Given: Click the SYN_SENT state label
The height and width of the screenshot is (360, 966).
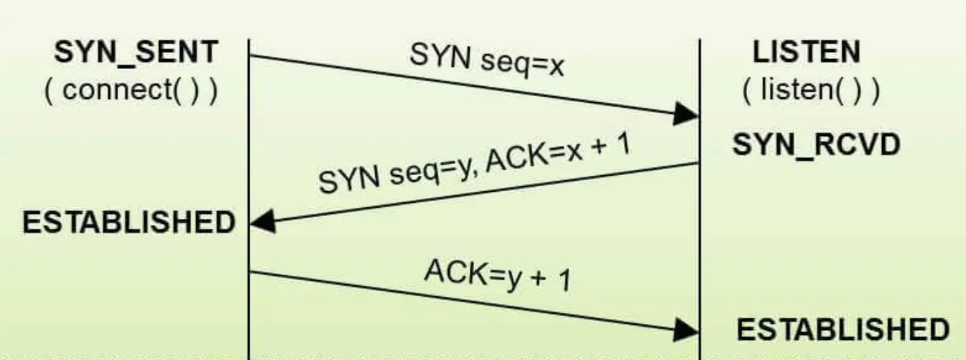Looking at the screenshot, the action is [136, 53].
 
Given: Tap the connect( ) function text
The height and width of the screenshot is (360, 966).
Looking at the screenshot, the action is [131, 91].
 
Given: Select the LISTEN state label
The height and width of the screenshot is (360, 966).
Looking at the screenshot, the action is [806, 53].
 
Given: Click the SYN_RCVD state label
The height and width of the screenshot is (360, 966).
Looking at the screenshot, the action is [817, 145].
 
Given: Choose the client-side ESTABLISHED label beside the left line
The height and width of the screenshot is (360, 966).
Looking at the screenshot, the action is [129, 223].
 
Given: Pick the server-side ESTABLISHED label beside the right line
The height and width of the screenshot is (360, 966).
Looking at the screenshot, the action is [842, 329].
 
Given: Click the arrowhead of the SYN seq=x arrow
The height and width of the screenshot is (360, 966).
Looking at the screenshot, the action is [687, 114].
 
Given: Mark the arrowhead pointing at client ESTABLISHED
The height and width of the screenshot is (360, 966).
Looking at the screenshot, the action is [263, 222].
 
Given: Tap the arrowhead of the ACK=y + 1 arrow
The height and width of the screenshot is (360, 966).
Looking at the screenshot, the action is [687, 329].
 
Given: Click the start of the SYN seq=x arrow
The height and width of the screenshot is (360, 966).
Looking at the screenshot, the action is [251, 56].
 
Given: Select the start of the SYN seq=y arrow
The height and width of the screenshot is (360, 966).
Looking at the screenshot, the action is [697, 164].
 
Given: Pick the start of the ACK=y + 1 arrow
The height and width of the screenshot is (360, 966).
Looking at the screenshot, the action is [251, 272].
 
